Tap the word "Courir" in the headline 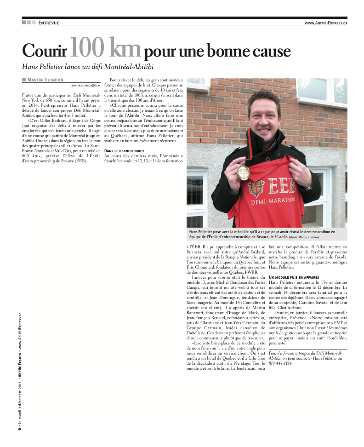45,50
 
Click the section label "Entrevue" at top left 49,23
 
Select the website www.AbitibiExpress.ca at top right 325,23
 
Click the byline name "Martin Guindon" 45,80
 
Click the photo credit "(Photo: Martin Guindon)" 304,237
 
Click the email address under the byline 86,86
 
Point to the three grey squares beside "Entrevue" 28,23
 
